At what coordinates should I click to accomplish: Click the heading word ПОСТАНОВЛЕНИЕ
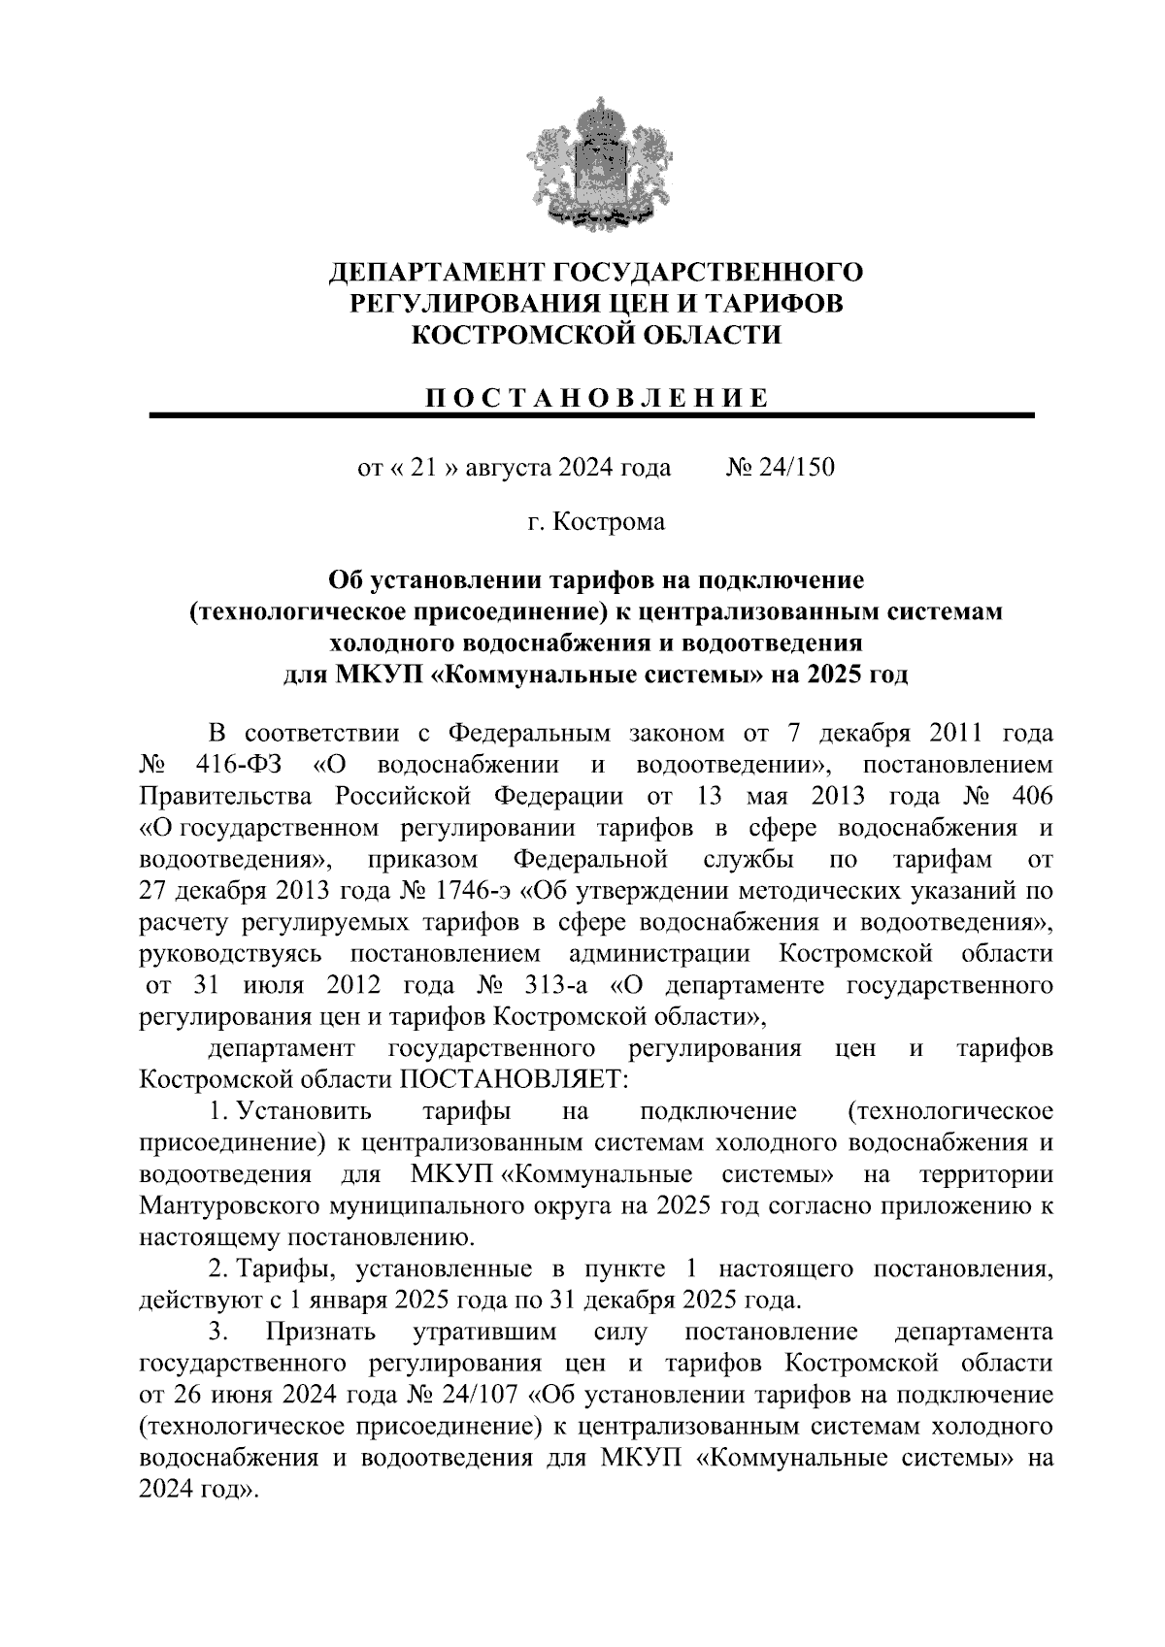(597, 398)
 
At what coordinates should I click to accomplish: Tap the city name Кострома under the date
(609, 522)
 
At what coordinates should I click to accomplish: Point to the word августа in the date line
(509, 468)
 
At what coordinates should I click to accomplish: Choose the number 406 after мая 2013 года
(1030, 797)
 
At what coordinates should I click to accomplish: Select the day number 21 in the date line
(420, 468)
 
